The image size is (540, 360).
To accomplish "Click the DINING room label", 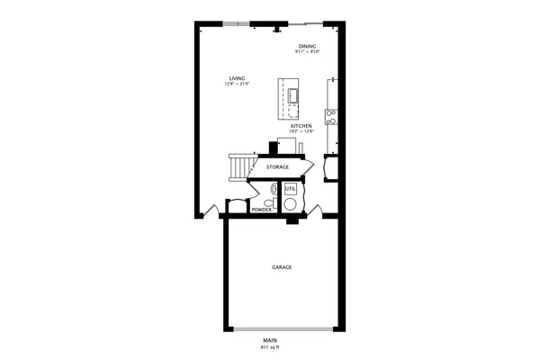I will (x=309, y=47).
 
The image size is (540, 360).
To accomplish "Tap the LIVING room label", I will (x=237, y=78).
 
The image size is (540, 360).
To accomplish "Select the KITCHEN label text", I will (x=301, y=126).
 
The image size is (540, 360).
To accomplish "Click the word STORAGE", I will (x=277, y=167).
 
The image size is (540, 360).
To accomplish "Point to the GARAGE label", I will (x=282, y=267).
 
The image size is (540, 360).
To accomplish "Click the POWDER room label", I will (x=261, y=210).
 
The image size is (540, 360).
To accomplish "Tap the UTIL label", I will (x=290, y=189).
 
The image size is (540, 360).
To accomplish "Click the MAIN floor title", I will (x=270, y=340).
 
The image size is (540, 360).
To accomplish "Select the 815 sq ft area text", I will (x=270, y=346).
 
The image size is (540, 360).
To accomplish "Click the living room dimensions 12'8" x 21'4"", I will (x=237, y=84).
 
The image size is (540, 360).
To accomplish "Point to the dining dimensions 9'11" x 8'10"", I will (x=309, y=52).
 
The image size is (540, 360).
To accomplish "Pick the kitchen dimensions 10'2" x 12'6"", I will (x=301, y=131).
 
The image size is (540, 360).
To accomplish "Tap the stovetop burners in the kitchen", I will (x=332, y=116).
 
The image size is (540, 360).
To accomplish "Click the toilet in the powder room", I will (x=269, y=202).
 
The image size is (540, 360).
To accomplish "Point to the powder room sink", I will (x=274, y=189).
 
